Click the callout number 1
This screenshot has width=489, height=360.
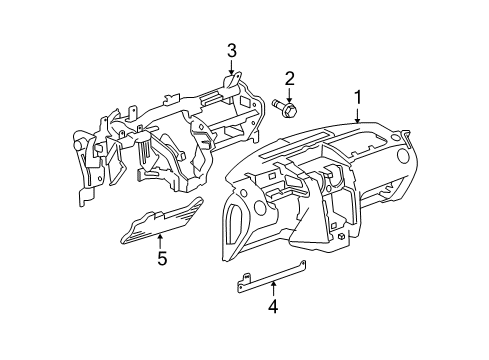point(358,98)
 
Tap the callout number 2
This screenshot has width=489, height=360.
point(289,79)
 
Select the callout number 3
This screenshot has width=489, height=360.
point(232,51)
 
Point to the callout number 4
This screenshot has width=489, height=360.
point(273,306)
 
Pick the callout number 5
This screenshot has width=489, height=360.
point(162,258)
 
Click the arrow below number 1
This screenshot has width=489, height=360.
point(358,115)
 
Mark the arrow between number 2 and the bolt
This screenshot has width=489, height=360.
point(289,95)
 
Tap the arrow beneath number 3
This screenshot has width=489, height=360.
point(232,67)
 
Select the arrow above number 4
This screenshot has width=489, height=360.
point(273,289)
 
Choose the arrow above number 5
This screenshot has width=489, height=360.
point(160,241)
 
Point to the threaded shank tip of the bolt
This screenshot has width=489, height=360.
point(275,102)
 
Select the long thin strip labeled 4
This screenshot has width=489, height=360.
point(271,277)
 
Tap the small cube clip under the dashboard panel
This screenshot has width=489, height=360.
point(341,236)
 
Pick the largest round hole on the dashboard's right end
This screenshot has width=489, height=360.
point(403,156)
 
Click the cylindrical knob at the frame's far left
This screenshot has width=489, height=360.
point(79,144)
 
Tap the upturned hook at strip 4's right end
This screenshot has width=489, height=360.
point(303,264)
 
